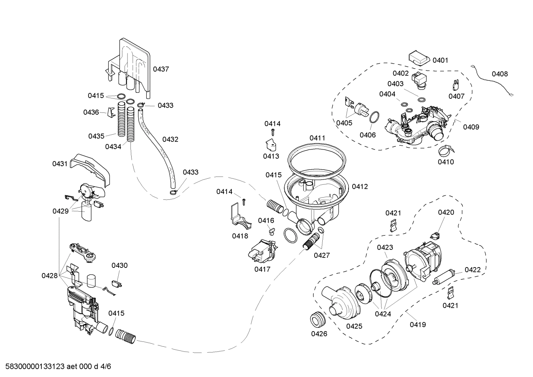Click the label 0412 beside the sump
[x=360, y=186]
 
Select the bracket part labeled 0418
[x=239, y=216]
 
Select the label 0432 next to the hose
[x=170, y=139]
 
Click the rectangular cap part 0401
[x=418, y=58]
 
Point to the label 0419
[x=418, y=324]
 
